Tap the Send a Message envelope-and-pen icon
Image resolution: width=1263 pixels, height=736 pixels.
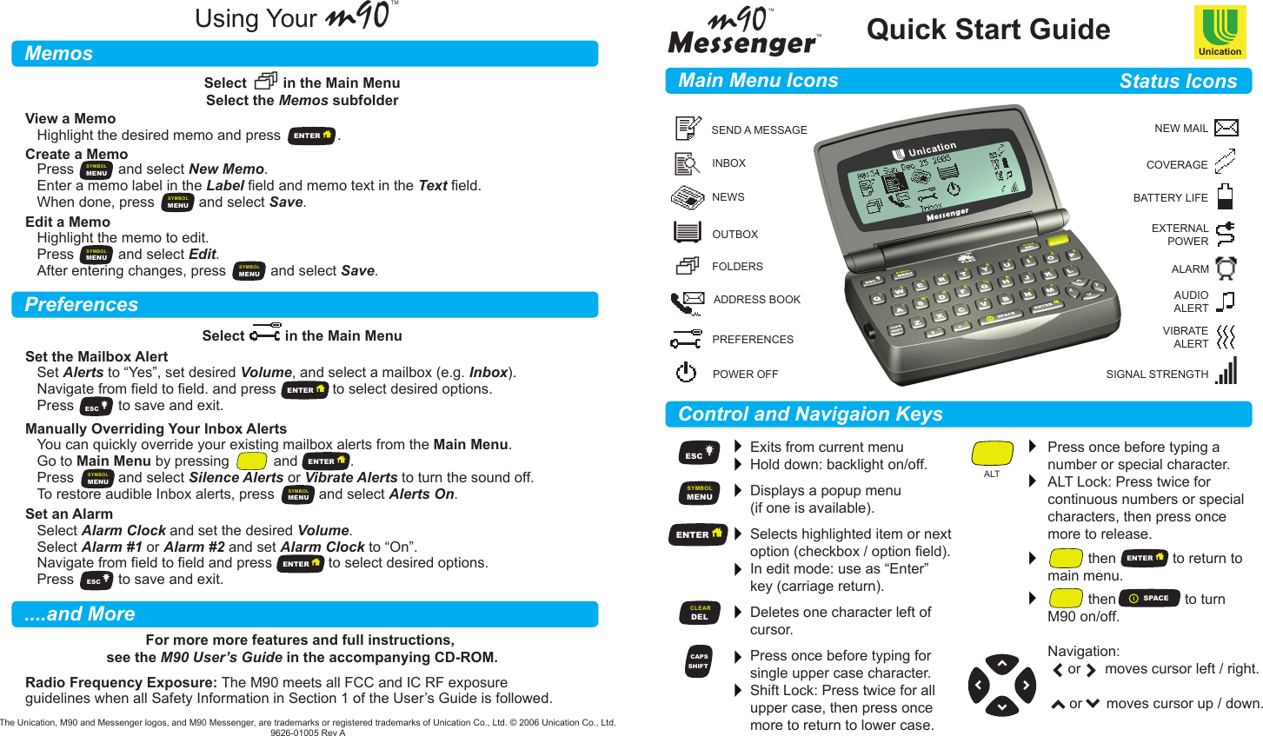(688, 129)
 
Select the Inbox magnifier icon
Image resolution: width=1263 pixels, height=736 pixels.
(687, 163)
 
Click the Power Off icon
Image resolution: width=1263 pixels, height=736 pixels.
(686, 373)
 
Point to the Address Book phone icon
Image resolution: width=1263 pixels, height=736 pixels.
(687, 302)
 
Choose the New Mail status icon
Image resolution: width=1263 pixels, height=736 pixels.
(1226, 128)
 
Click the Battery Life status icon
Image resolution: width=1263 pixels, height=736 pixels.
(1225, 196)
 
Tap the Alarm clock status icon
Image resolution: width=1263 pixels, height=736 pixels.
(1226, 268)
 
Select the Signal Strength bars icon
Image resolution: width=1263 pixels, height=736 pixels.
(1226, 371)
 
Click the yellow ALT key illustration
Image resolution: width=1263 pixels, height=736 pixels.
(992, 454)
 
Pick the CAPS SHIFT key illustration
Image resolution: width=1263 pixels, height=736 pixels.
(699, 661)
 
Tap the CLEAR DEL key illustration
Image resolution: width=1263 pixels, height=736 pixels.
(700, 613)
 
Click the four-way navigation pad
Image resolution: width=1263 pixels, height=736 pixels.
(1001, 686)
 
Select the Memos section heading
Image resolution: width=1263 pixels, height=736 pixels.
(59, 54)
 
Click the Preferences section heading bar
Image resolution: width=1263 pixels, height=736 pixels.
(304, 305)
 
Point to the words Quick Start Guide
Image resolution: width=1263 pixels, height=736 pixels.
(988, 30)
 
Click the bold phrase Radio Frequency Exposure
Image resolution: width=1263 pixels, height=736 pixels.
(121, 683)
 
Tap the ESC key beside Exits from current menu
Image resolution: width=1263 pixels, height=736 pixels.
(698, 454)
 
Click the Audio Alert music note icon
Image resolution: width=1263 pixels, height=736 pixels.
(1226, 302)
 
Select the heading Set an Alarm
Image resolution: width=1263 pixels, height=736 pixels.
(69, 514)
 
